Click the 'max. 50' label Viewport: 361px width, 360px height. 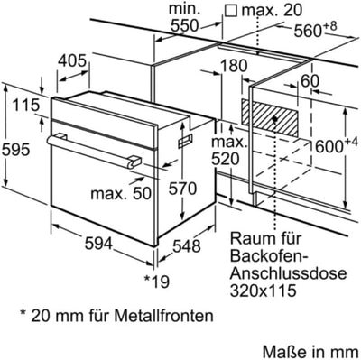pos(120,192)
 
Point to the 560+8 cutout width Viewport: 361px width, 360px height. pos(319,29)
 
